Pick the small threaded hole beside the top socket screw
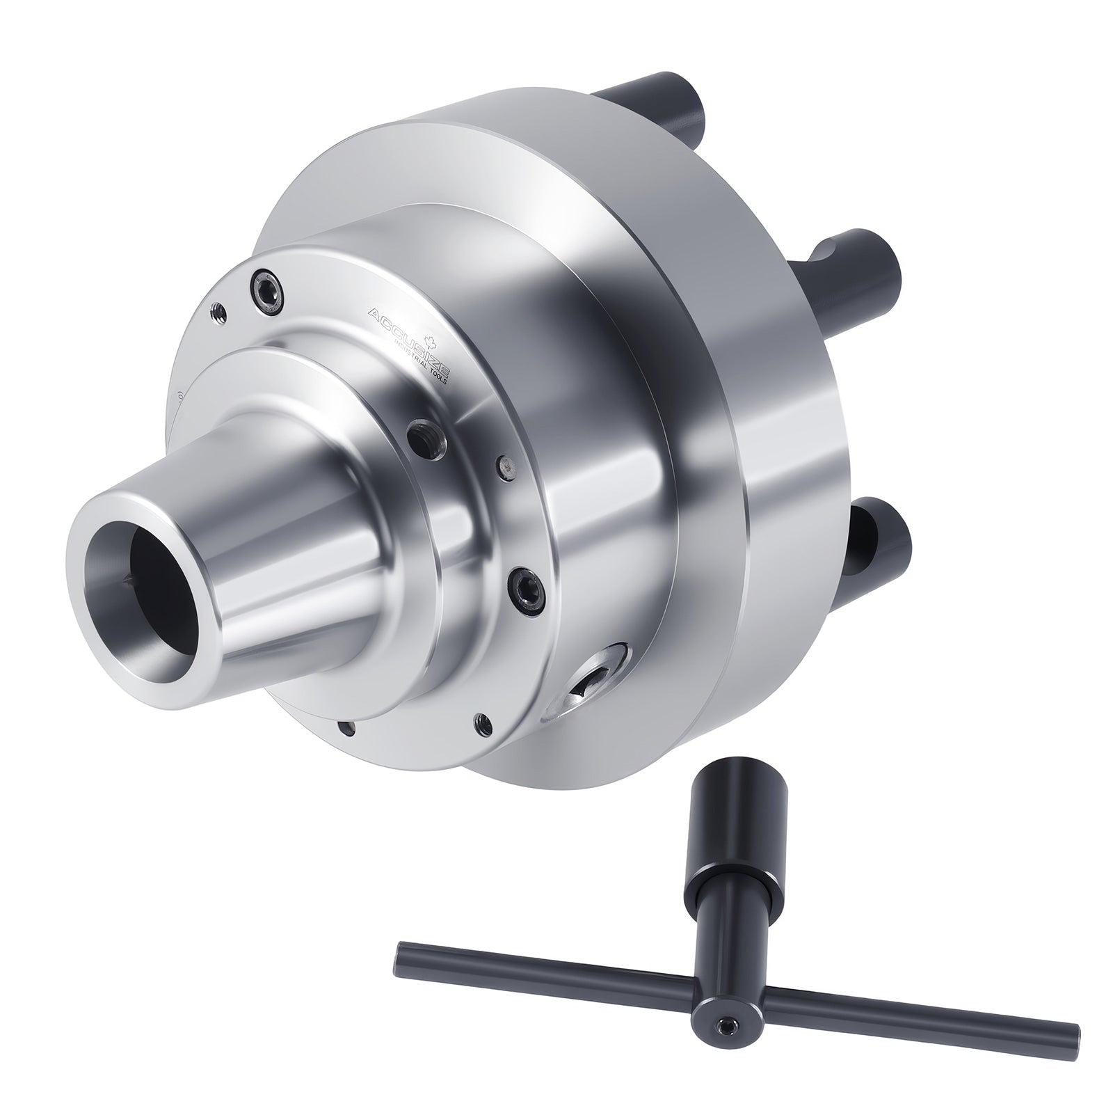click(217, 311)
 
